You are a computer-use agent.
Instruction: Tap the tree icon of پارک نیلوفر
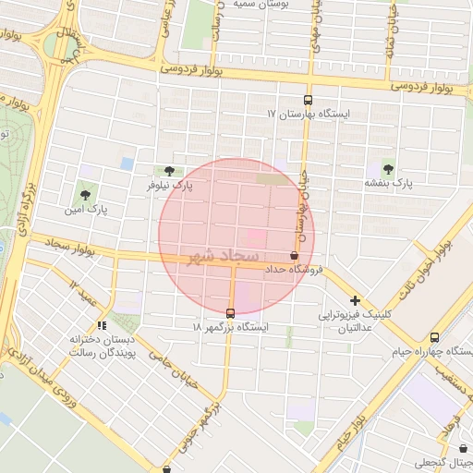click(168, 171)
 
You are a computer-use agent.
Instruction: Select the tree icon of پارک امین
click(86, 195)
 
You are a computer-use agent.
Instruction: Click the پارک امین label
click(86, 210)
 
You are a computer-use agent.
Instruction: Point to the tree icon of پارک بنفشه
click(388, 169)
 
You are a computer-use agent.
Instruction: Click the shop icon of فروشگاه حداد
click(294, 256)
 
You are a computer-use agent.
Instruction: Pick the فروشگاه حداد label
click(293, 270)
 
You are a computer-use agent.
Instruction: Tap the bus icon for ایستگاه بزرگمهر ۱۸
click(230, 312)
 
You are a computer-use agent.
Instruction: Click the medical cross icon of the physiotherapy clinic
click(355, 300)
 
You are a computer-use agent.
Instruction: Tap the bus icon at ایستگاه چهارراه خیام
click(434, 337)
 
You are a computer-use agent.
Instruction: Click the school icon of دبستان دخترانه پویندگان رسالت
click(102, 325)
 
